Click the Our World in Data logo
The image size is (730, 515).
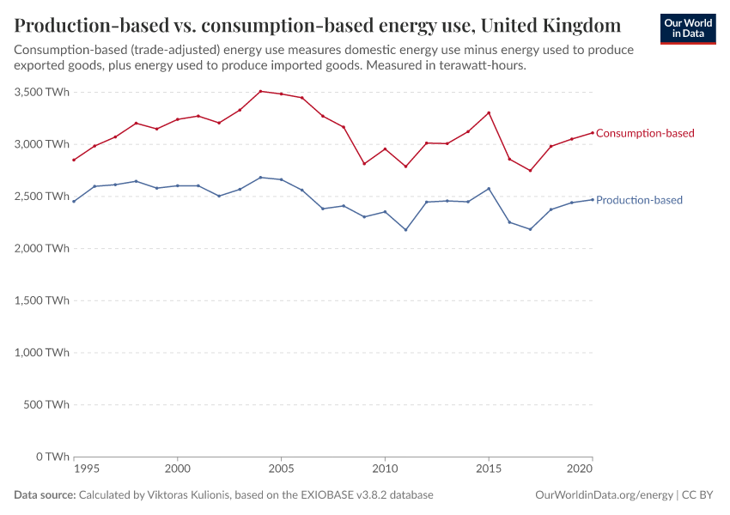(688, 28)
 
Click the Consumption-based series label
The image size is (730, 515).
(644, 133)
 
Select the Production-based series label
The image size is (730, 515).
(639, 200)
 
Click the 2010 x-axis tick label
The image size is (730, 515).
(385, 470)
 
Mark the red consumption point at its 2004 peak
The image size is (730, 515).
(260, 91)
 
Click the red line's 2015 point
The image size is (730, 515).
(489, 112)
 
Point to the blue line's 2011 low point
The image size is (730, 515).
(405, 229)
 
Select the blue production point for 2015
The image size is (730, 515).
(489, 188)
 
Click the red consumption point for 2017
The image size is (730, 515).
(530, 170)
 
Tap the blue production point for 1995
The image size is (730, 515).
(74, 201)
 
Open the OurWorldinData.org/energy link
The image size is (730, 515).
(604, 495)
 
